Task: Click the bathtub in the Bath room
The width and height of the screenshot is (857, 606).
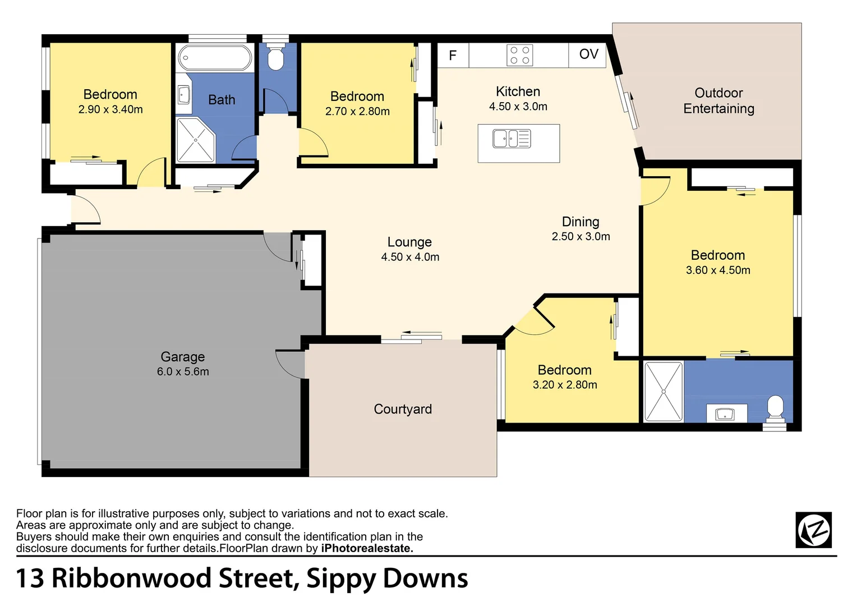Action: pos(215,57)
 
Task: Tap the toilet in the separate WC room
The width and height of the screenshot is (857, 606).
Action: pos(275,58)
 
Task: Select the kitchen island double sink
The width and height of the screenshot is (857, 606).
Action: pos(512,138)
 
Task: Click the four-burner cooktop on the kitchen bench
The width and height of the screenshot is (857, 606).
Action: pos(519,55)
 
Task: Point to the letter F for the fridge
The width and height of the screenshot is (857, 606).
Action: pos(453,55)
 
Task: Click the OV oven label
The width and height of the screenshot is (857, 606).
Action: pos(588,54)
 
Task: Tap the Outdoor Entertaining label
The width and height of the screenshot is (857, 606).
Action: pos(718,101)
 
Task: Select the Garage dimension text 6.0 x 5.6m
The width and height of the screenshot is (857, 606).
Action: pos(183,371)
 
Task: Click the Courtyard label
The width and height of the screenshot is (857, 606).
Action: pos(403,409)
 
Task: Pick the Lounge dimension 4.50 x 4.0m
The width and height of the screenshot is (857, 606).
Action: pos(410,257)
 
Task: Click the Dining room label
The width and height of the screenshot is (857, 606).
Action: pos(580,222)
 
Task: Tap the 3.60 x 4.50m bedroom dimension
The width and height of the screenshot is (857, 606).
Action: pos(718,270)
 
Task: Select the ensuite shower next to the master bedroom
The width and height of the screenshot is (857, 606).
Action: pos(664,391)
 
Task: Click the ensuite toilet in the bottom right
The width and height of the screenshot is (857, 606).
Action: pos(775,408)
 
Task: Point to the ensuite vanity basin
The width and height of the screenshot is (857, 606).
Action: pos(725,414)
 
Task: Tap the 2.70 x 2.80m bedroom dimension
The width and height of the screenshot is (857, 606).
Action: pos(357,111)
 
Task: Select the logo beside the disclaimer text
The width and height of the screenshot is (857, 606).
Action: pos(814,530)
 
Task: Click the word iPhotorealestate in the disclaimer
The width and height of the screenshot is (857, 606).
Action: pos(367,548)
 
